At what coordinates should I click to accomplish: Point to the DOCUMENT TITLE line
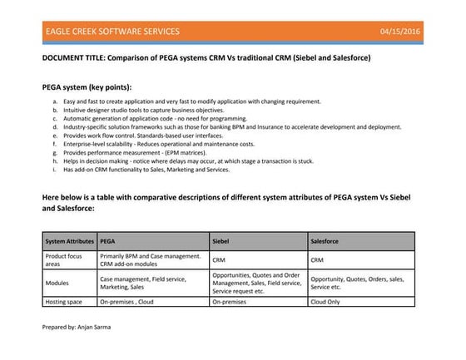206,58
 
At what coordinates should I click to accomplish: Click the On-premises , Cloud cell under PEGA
127,303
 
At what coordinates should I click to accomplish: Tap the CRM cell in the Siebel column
220,260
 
